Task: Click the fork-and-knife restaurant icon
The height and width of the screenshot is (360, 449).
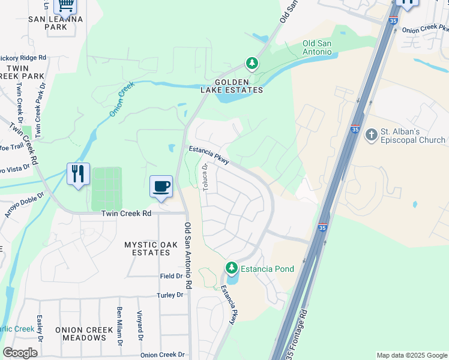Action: pos(78,174)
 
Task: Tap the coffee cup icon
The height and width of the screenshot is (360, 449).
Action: pos(161,186)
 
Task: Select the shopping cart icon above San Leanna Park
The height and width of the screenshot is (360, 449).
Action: pos(65,5)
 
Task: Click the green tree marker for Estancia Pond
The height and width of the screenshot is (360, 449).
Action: pos(232,267)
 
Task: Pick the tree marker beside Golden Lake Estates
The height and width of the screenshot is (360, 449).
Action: pos(252,62)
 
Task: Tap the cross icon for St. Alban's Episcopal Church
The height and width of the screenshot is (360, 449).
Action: pos(371,135)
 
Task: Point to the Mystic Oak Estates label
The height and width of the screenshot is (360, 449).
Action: pos(148,248)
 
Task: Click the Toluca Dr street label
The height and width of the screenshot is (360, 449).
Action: pos(205,178)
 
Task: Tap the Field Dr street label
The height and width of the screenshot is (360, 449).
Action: pos(170,276)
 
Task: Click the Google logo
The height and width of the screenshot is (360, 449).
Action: pos(20,353)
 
